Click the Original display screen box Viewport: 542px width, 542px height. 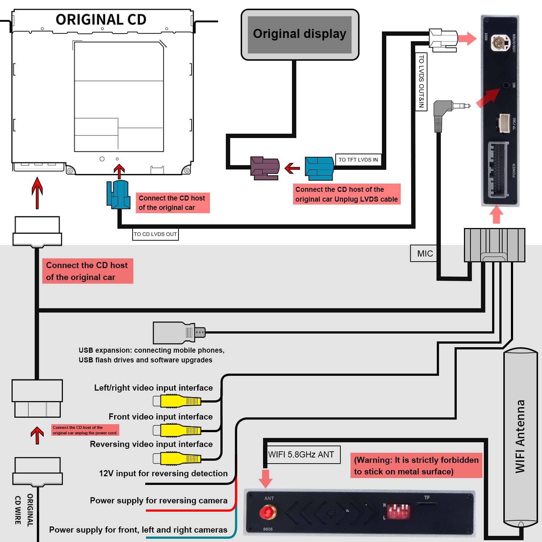300,34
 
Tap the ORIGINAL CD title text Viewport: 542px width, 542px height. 101,20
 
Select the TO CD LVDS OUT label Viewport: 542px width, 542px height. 155,234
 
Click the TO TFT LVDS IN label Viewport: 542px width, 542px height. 358,160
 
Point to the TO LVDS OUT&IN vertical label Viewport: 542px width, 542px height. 421,81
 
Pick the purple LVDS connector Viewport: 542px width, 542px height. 265,168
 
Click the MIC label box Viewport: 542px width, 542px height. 425,253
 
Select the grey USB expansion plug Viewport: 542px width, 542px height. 179,333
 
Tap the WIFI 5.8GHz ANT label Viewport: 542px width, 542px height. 301,455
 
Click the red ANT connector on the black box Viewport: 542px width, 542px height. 268,512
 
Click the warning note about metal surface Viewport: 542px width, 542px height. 416,465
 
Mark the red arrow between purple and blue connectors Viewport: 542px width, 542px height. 292,168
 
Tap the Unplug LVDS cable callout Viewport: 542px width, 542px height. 347,194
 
